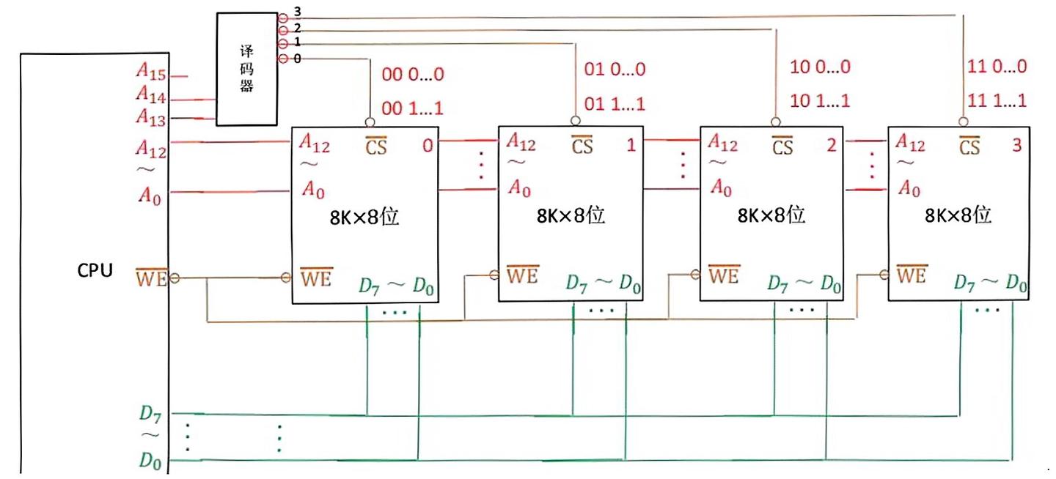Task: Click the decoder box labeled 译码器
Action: (x=246, y=70)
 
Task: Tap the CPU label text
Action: (x=95, y=270)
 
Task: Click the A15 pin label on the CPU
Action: (x=151, y=72)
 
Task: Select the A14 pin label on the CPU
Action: (x=151, y=94)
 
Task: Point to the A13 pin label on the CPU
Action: (x=151, y=117)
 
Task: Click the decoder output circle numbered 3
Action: (x=283, y=18)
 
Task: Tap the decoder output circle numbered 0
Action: (x=283, y=59)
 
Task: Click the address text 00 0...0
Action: (x=412, y=74)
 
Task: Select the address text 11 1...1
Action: (x=997, y=100)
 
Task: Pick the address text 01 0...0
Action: (x=615, y=70)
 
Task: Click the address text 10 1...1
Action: (x=820, y=101)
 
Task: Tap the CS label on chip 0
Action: (x=375, y=146)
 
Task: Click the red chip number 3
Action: (x=1017, y=145)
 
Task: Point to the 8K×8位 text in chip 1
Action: (x=571, y=215)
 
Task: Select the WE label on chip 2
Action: (x=724, y=275)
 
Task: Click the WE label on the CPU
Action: (x=151, y=278)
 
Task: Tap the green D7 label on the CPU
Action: (x=150, y=414)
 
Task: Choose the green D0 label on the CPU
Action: (x=150, y=460)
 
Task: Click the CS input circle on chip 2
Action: (x=776, y=122)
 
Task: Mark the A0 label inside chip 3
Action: (x=909, y=188)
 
